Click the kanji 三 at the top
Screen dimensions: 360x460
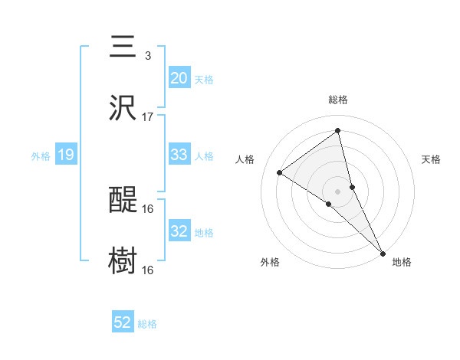pos(123,47)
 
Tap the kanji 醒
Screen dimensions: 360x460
pos(123,201)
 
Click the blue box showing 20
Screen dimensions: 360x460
pos(179,78)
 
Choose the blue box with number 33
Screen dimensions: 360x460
pos(179,155)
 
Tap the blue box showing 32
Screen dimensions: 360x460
pos(179,231)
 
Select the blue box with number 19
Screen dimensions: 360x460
pos(65,155)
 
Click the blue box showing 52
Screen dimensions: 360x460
pos(123,323)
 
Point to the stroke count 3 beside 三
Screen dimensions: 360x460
pos(147,56)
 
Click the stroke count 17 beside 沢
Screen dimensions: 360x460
pos(148,117)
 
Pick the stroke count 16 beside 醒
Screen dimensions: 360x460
pos(148,208)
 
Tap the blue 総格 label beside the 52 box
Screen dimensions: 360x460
pos(147,324)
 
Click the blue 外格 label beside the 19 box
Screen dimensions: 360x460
pos(41,155)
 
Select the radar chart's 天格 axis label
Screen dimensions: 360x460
pos(431,159)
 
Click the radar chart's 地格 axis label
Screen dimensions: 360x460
pos(402,262)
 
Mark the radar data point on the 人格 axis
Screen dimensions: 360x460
pos(280,172)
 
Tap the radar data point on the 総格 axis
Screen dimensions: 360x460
pos(338,131)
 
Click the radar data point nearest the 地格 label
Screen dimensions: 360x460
pos(383,252)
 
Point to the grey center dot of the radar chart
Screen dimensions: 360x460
pos(338,191)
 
